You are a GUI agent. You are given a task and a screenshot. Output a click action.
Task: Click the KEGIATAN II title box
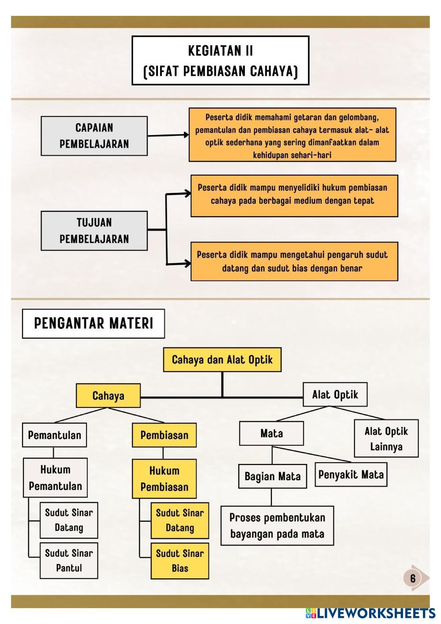[x=220, y=60]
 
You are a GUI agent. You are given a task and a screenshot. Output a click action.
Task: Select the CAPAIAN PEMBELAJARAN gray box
[x=94, y=136]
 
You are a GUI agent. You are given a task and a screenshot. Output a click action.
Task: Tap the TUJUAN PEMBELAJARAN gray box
[x=94, y=231]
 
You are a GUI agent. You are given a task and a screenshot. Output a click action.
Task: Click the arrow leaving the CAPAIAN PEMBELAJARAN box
[x=168, y=135]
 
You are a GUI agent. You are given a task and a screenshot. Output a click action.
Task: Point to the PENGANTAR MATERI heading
[x=93, y=324]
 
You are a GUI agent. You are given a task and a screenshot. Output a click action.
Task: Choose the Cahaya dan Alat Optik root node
[x=222, y=359]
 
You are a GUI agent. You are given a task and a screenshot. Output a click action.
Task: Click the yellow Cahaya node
[x=108, y=396]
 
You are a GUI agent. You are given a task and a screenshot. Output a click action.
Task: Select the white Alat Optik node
[x=335, y=394]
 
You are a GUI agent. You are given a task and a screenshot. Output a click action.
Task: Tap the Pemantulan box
[x=54, y=435]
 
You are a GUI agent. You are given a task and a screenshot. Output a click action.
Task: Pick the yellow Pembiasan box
[x=164, y=435]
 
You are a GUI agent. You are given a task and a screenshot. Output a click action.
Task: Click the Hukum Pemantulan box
[x=55, y=478]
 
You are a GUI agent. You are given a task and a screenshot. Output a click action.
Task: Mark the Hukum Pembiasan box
[x=164, y=479]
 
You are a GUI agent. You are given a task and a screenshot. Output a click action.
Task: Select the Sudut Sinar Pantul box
[x=69, y=560]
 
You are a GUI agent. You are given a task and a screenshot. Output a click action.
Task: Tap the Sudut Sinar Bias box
[x=180, y=561]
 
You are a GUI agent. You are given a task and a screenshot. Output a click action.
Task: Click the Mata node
[x=271, y=433]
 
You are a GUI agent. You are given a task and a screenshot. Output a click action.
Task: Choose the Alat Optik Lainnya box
[x=386, y=439]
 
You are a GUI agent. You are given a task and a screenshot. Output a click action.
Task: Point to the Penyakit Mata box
[x=351, y=475]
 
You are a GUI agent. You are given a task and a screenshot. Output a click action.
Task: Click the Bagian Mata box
[x=273, y=476]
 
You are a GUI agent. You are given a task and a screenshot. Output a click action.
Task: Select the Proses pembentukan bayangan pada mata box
[x=277, y=526]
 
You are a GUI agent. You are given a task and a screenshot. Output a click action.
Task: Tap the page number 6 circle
[x=413, y=578]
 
